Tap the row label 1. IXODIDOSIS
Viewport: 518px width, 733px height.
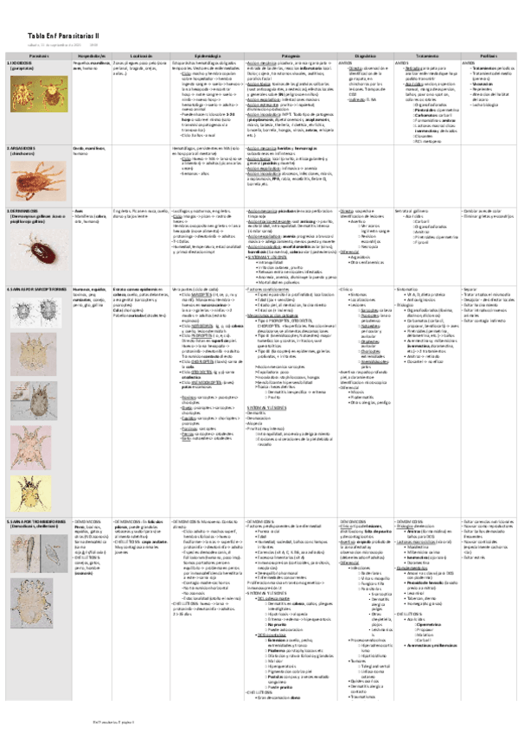(x=22, y=64)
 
